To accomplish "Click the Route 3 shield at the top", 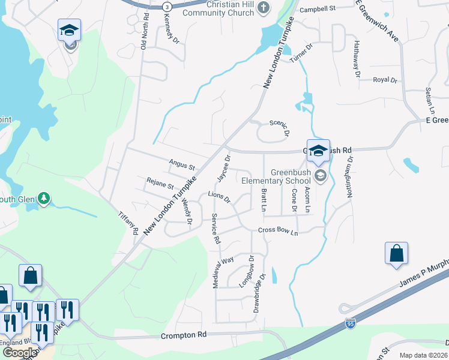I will click(167, 6).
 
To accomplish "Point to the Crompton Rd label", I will click(184, 334).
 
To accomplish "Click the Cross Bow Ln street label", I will click(278, 230).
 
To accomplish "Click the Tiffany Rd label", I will click(128, 223).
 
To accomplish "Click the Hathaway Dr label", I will click(357, 59).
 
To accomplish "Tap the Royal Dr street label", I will click(385, 80).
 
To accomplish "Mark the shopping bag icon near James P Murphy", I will click(397, 254).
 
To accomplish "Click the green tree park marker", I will click(43, 198).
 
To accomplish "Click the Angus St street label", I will click(182, 164).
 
